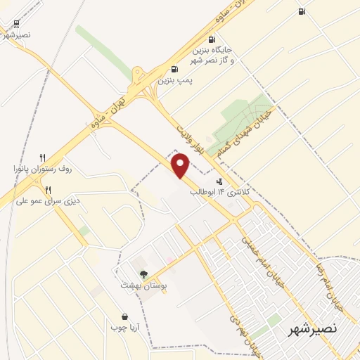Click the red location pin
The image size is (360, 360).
click(181, 165)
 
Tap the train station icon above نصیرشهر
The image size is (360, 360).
click(15, 24)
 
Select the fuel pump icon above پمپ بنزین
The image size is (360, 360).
click(174, 69)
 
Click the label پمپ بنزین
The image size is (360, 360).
click(174, 80)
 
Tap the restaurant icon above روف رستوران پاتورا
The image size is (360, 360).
click(42, 157)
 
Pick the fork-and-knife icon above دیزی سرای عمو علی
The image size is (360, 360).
click(48, 189)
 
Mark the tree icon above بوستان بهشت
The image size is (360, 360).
click(143, 274)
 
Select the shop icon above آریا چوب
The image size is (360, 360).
click(124, 316)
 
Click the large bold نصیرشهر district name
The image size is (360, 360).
click(313, 328)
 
